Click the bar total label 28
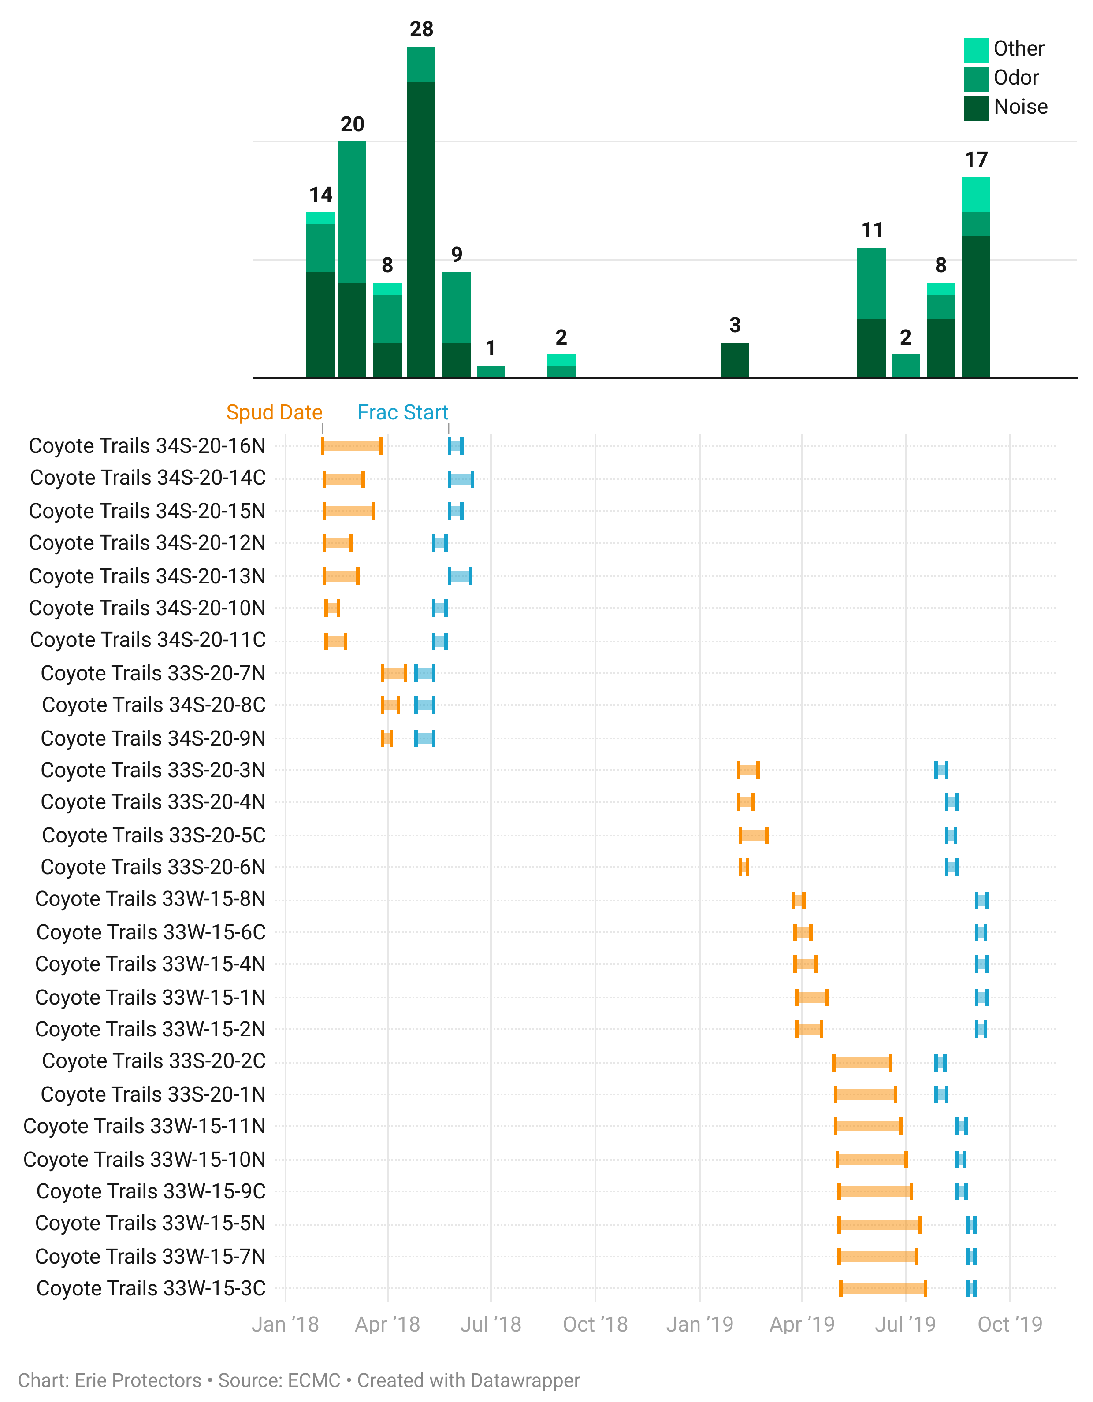tap(421, 29)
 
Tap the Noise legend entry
tap(1020, 107)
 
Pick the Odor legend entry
tap(1015, 78)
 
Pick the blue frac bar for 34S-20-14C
tap(461, 479)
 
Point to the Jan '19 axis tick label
tap(699, 1324)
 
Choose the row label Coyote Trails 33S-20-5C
tap(153, 835)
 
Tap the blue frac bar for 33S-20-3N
tap(941, 770)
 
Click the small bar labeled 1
tap(491, 372)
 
